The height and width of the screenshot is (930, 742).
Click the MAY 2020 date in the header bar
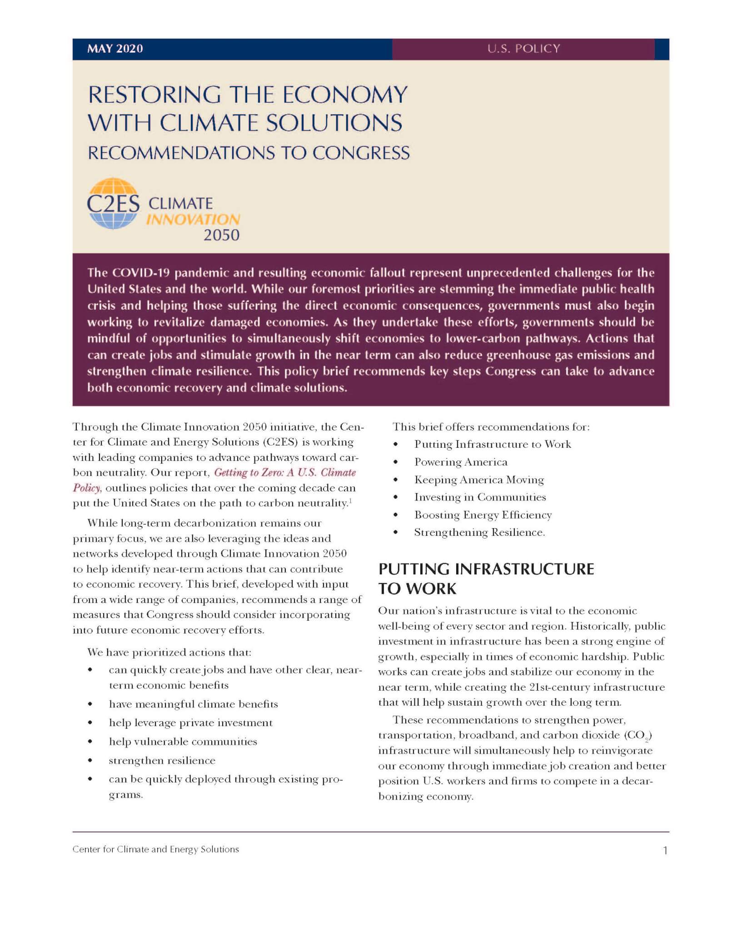click(115, 49)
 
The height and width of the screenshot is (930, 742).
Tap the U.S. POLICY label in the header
click(523, 49)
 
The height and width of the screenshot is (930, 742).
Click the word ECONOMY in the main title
click(345, 95)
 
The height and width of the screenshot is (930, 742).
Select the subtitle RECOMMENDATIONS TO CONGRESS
click(249, 153)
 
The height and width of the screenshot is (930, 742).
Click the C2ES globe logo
click(113, 203)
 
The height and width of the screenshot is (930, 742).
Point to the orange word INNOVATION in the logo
click(193, 220)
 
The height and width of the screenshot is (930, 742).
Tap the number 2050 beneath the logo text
click(221, 235)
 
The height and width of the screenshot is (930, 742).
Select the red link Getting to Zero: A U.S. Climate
click(285, 472)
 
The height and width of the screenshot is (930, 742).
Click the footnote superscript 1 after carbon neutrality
click(350, 501)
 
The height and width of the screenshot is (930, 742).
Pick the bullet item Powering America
click(461, 462)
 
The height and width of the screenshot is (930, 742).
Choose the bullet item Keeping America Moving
click(479, 480)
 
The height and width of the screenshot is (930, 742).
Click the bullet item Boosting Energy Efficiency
click(483, 515)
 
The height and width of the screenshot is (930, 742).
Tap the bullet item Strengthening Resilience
click(479, 532)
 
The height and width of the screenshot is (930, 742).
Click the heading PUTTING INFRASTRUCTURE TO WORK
click(486, 579)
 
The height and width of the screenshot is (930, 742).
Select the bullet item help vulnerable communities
click(183, 742)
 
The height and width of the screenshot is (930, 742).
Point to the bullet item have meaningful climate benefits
click(193, 704)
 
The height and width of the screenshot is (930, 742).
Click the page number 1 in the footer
click(666, 851)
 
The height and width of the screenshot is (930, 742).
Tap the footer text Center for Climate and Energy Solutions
click(155, 849)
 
